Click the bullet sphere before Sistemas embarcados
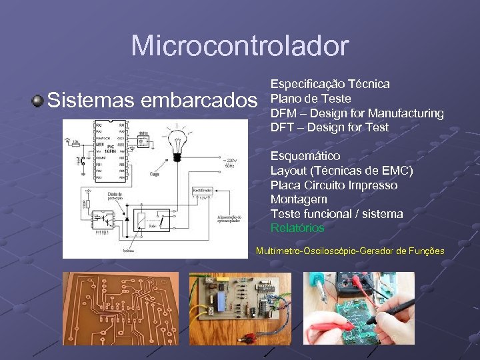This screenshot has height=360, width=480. [x=37, y=101]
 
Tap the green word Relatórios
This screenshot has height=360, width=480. [x=297, y=229]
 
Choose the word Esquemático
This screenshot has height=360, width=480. [x=305, y=156]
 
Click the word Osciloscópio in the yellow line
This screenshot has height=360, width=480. [x=329, y=251]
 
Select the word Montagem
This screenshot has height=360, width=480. [x=299, y=199]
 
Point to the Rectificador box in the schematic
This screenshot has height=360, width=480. [x=203, y=191]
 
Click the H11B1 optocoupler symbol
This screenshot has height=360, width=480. [x=103, y=219]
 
